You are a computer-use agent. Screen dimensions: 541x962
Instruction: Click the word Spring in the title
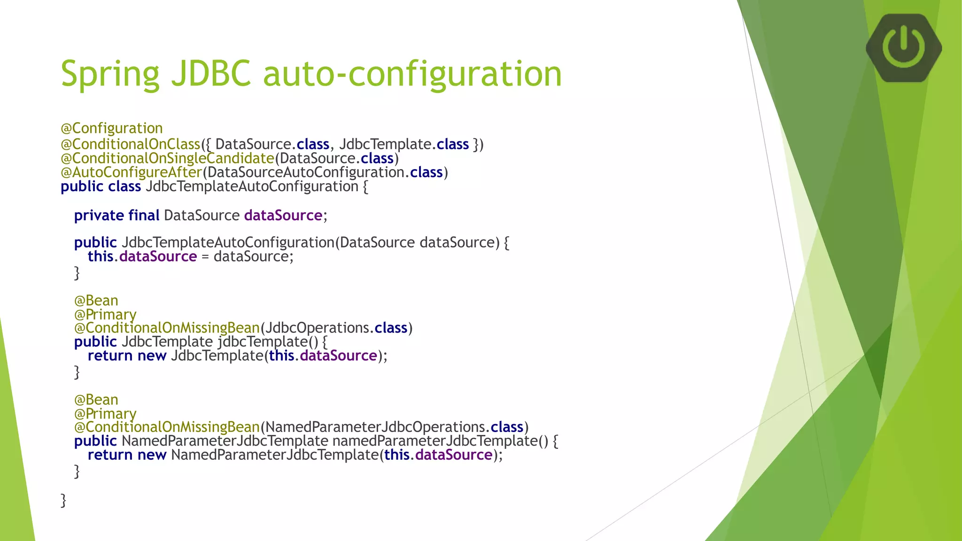pos(110,74)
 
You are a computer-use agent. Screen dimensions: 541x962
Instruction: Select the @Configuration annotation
pos(112,128)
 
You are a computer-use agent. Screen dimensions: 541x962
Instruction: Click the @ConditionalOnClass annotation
pos(131,144)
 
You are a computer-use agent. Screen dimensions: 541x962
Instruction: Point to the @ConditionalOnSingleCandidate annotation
pos(167,158)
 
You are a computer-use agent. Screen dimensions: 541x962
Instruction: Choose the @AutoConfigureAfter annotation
pos(132,172)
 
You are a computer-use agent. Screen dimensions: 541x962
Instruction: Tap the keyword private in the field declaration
pos(99,215)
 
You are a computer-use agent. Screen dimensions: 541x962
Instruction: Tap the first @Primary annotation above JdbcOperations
pos(105,314)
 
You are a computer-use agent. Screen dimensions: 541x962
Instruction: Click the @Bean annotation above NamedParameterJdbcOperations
pos(96,400)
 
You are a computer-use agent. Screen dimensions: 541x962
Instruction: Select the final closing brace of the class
pos(63,500)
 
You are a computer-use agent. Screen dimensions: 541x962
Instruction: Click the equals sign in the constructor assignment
pos(205,257)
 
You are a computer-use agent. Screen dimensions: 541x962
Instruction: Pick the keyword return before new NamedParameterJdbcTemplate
pos(110,455)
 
